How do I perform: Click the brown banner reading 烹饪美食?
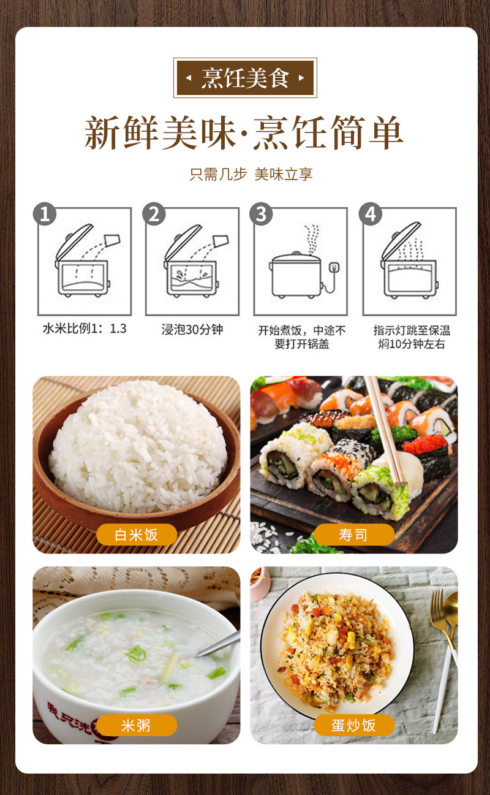pos(245,78)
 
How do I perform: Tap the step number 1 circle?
pos(45,214)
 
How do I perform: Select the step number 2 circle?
pos(154,214)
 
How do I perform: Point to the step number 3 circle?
pos(261,214)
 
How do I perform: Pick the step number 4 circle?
pos(370,214)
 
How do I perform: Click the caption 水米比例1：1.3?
pos(85,329)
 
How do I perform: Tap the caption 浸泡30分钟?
pos(192,329)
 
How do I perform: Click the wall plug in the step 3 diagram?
pos(334,267)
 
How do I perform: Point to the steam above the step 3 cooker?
pos(312,238)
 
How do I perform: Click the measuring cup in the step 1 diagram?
pos(113,240)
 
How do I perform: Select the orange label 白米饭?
pos(137,534)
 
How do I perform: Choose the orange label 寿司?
pos(354,534)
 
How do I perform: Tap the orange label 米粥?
pos(137,725)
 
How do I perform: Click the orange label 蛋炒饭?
pos(354,725)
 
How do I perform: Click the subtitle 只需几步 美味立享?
pos(251,174)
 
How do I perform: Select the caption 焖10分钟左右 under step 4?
pos(411,344)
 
